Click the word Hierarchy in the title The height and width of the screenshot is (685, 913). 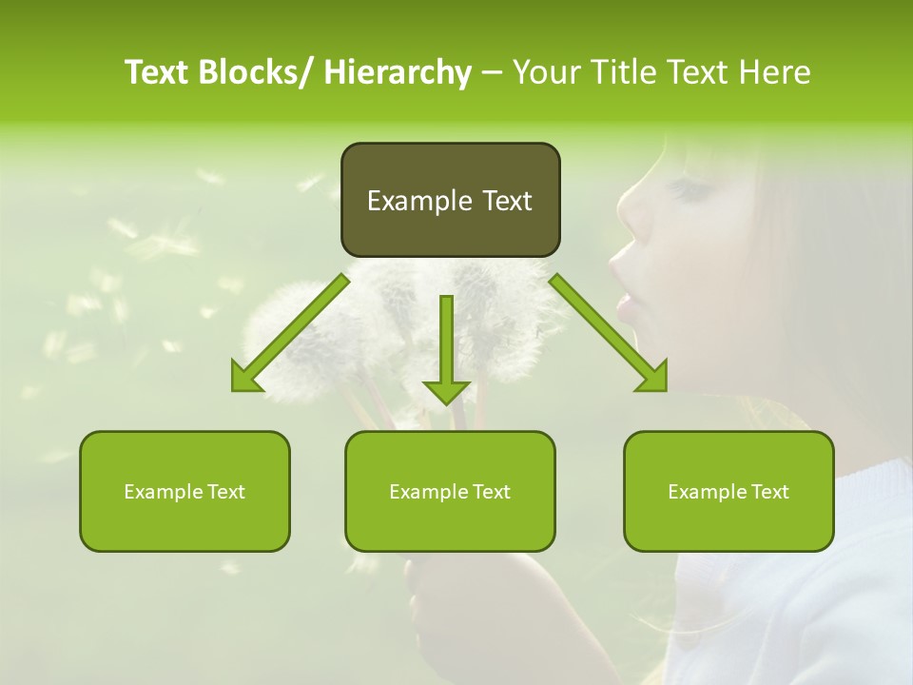(x=398, y=72)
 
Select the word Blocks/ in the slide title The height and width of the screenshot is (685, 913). (x=258, y=72)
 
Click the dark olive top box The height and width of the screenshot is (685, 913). (x=450, y=200)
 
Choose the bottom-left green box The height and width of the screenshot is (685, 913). (x=185, y=491)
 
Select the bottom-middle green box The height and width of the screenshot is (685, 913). (x=450, y=491)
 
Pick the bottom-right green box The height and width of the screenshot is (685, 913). (x=728, y=491)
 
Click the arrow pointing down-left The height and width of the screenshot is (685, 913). (x=290, y=333)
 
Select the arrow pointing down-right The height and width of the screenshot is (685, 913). (x=609, y=333)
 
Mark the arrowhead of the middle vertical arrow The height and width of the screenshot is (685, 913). (x=446, y=390)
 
